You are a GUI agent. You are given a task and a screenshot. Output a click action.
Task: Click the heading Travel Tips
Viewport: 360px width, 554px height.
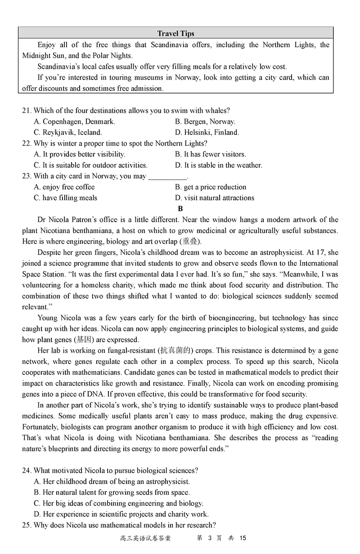point(175,34)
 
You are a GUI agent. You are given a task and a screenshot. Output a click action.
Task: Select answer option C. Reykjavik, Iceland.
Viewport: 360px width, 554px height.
point(68,133)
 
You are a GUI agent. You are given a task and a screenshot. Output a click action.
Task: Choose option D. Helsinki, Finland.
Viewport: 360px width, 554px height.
point(207,133)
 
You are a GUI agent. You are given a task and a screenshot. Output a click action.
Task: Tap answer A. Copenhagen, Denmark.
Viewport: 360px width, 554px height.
point(74,121)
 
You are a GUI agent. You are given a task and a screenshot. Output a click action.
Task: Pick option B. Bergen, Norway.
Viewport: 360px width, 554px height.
point(205,121)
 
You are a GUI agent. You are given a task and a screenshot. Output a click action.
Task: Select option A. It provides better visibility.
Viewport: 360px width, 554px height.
point(80,154)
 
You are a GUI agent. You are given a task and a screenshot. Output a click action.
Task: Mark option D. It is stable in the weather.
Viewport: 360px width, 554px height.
point(219,165)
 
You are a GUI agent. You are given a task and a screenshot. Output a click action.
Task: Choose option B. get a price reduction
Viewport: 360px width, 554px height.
point(211,187)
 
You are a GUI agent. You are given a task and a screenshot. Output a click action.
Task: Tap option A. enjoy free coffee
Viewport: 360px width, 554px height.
point(64,187)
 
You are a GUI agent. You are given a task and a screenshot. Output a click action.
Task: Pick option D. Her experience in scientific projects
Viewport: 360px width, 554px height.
point(121,514)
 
